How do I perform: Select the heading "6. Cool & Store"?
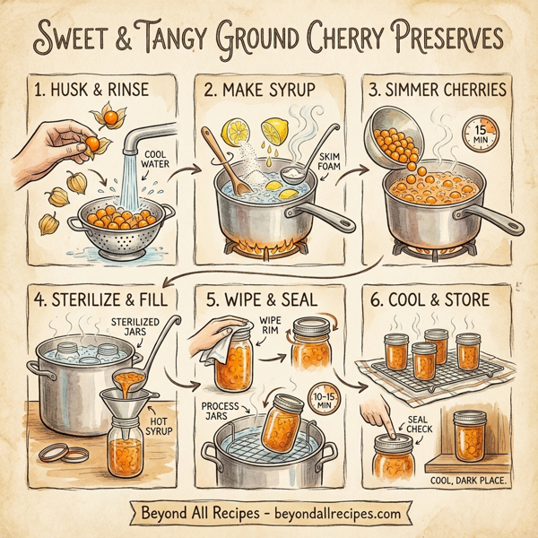tap(438, 299)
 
